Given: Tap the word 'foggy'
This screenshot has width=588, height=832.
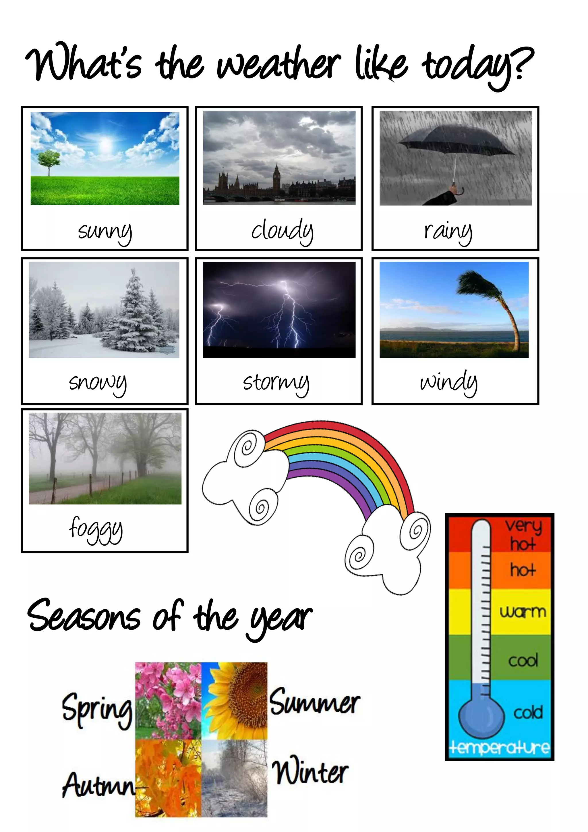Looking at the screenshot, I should point(96,529).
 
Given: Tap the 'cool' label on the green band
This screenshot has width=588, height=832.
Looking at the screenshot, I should point(523,660).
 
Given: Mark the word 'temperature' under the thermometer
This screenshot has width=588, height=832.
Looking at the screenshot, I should point(499,748).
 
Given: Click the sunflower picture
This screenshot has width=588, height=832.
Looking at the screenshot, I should point(235,700).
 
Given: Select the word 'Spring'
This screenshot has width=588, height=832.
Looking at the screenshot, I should point(97,708).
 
